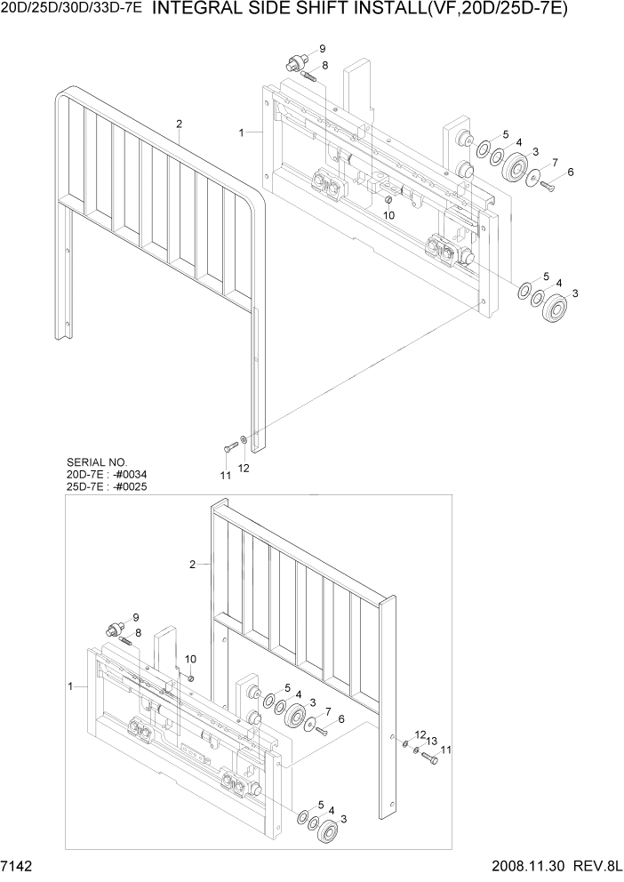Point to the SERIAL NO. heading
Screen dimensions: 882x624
point(97,463)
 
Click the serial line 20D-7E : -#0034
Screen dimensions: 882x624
point(107,475)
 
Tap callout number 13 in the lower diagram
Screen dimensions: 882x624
point(431,741)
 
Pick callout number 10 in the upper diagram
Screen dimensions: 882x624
point(388,216)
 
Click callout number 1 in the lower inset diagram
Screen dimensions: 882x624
point(70,686)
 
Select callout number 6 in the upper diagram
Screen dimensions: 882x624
point(570,172)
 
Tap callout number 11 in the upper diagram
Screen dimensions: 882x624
point(226,476)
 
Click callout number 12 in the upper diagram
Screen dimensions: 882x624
point(244,468)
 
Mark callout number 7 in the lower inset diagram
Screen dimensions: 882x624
point(327,712)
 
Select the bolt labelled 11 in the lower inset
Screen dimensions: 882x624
point(429,759)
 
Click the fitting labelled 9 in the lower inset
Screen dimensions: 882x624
point(114,629)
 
